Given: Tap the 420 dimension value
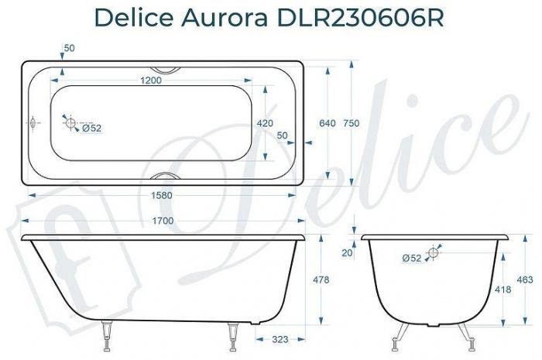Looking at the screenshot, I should coord(266,123).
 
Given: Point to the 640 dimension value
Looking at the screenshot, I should coord(327,123).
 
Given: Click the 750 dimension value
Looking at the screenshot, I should coord(351,123).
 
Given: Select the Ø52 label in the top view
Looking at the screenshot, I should coord(91,129).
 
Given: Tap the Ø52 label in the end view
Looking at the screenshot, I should coord(413,259).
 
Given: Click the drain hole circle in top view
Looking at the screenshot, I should coord(70,122).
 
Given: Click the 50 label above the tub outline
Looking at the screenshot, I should coord(69,48).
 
